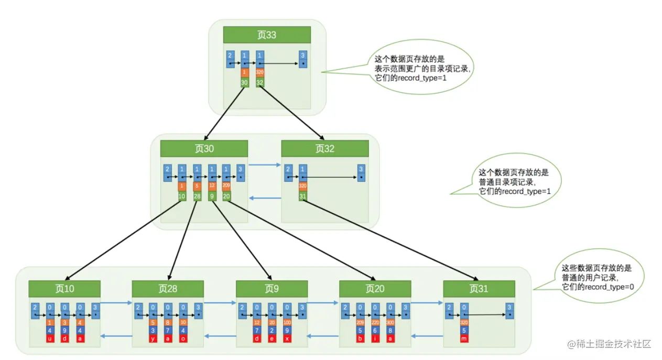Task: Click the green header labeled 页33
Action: pos(267,35)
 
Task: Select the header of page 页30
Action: pos(204,149)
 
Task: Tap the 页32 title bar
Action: pos(324,149)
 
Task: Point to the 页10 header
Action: pos(64,289)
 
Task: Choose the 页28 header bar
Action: pos(168,289)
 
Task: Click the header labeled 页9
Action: pos(272,289)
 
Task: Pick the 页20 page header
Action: pos(375,289)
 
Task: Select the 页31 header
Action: pos(479,289)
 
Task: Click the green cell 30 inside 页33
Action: pos(244,82)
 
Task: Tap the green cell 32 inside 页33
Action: pos(259,82)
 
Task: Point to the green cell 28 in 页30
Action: pos(197,197)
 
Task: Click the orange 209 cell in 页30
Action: pos(226,186)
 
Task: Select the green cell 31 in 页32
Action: pos(303,197)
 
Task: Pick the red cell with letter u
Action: pos(50,339)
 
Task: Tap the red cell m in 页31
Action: pos(464,339)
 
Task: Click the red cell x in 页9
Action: pos(287,339)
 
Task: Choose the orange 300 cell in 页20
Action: pos(390,323)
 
